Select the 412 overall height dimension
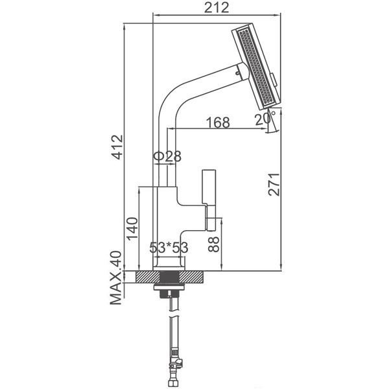click(117, 147)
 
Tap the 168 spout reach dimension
click(218, 123)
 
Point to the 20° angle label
click(265, 119)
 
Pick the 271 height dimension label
click(274, 184)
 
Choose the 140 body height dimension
click(132, 228)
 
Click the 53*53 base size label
click(169, 248)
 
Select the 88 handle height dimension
click(213, 244)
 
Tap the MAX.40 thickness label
click(116, 278)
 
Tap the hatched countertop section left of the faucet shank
click(148, 277)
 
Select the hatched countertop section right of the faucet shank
click(191, 277)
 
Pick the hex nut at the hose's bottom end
click(174, 383)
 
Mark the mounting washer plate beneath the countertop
click(169, 287)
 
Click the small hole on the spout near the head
click(238, 73)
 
